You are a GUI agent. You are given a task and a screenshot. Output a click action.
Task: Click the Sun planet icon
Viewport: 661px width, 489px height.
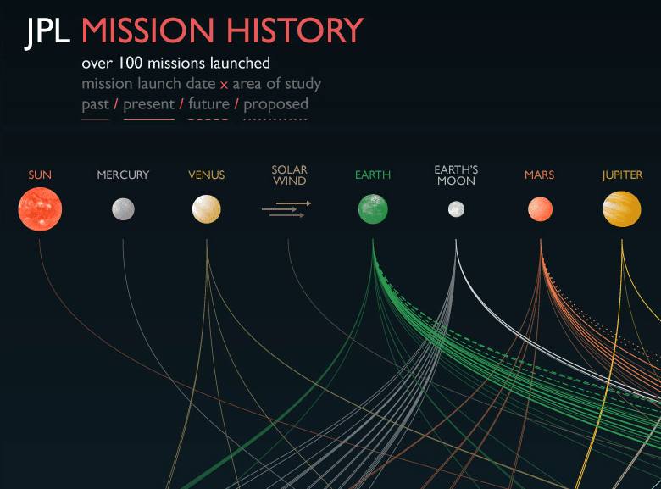tap(40, 209)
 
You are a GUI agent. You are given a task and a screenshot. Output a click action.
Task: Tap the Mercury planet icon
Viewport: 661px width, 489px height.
tap(123, 208)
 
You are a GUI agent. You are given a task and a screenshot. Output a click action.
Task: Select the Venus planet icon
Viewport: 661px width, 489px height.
tap(207, 209)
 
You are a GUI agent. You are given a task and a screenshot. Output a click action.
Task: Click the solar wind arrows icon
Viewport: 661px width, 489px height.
tap(286, 209)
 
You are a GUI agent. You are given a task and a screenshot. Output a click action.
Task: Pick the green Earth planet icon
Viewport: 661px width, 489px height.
tap(373, 209)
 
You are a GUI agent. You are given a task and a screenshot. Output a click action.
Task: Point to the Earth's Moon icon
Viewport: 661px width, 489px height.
tap(456, 208)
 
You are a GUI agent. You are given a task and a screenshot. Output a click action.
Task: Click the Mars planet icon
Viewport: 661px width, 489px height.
tap(540, 208)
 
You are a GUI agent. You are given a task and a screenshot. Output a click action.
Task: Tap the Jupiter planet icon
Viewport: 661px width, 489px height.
tap(622, 208)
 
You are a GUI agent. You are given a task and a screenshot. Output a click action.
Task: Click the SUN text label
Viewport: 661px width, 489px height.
tap(40, 175)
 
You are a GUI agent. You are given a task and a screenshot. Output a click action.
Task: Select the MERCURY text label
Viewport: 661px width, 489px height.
tap(123, 175)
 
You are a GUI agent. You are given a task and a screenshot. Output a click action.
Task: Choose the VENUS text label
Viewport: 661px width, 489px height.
tap(207, 175)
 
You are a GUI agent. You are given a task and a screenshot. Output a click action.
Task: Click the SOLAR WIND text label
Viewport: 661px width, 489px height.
tap(289, 175)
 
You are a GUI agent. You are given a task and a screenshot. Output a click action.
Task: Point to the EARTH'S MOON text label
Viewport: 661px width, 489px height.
tap(456, 175)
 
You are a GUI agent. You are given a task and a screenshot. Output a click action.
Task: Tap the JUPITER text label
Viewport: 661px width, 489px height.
tap(622, 175)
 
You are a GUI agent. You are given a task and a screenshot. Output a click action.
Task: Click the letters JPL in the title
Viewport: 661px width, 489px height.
tap(48, 32)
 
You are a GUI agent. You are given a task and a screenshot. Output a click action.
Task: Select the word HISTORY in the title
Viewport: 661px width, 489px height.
tap(295, 32)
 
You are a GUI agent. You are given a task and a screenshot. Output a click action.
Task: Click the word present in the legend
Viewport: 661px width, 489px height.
tap(148, 104)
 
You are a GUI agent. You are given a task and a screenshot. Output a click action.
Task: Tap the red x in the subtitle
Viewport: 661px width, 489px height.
tap(224, 84)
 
